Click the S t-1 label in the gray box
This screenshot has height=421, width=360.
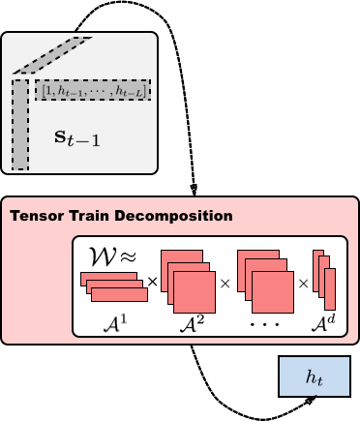pyautogui.click(x=76, y=138)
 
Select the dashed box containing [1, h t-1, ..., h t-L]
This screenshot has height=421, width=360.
pyautogui.click(x=93, y=90)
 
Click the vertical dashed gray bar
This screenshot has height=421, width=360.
pyautogui.click(x=20, y=124)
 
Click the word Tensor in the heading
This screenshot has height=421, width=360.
pyautogui.click(x=38, y=215)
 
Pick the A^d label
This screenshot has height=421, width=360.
pyautogui.click(x=324, y=318)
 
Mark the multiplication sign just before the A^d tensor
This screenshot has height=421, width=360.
pyautogui.click(x=303, y=284)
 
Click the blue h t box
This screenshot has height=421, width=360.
pyautogui.click(x=315, y=377)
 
